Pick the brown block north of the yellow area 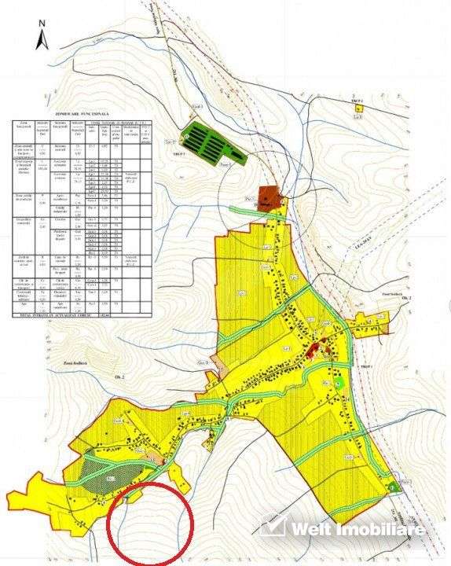269,198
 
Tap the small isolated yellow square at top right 357,109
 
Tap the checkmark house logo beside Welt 273,525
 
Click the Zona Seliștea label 74,363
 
